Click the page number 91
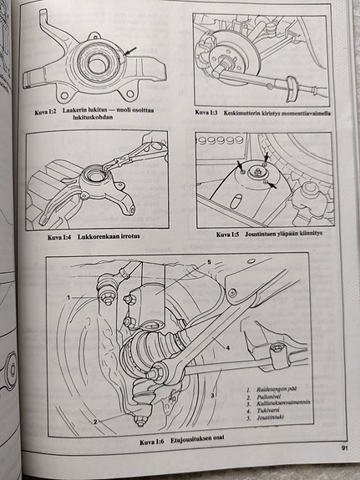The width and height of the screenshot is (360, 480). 344,448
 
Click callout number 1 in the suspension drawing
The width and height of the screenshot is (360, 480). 69,297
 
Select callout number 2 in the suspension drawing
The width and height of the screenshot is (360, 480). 95,422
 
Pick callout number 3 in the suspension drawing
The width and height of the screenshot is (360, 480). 211,395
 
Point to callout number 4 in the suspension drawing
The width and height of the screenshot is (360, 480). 228,348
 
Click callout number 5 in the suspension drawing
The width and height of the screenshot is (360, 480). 210,262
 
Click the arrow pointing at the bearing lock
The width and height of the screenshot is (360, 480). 129,51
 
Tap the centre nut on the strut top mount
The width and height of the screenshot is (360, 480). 256,172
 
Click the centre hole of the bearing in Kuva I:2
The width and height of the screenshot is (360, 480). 96,63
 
